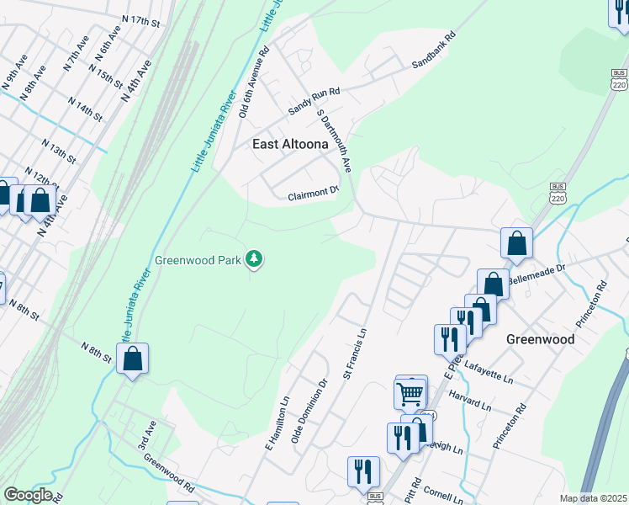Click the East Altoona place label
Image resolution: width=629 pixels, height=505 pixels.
pos(291,144)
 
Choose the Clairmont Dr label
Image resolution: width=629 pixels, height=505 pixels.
pos(312,192)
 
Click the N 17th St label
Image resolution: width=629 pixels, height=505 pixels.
pos(140,19)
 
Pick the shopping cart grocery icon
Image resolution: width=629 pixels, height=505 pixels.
pos(410,391)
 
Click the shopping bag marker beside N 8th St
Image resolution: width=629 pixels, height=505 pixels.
pos(133,359)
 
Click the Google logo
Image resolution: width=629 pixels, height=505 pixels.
pos(27,495)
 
